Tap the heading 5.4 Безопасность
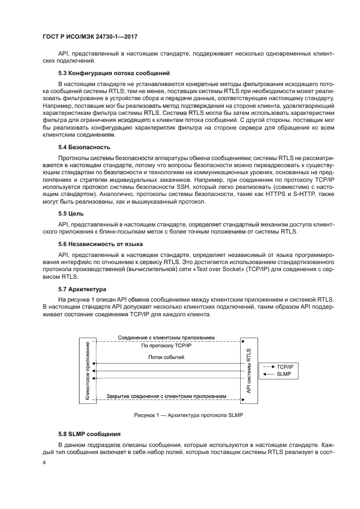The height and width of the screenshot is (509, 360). pos(84,147)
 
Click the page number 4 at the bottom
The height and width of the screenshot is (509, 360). pos(44,464)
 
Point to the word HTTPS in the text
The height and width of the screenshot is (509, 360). pos(263,194)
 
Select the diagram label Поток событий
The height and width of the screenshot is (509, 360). pos(166,358)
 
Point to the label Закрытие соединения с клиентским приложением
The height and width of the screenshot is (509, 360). pos(167,396)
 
